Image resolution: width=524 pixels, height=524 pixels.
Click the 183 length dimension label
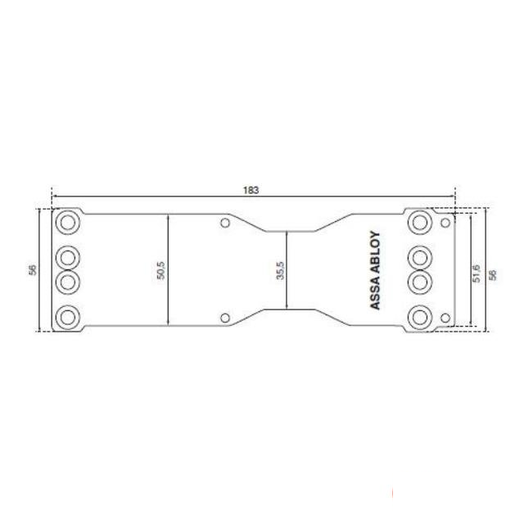point(251,190)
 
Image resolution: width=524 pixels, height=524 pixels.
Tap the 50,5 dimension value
point(160,270)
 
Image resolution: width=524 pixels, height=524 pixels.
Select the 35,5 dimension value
point(280,270)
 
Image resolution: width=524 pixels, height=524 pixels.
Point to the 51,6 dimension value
point(477,273)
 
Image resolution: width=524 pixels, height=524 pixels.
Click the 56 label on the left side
point(33,270)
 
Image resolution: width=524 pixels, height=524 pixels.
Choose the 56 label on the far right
point(492,274)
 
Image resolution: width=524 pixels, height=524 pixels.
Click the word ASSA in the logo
point(376,293)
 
